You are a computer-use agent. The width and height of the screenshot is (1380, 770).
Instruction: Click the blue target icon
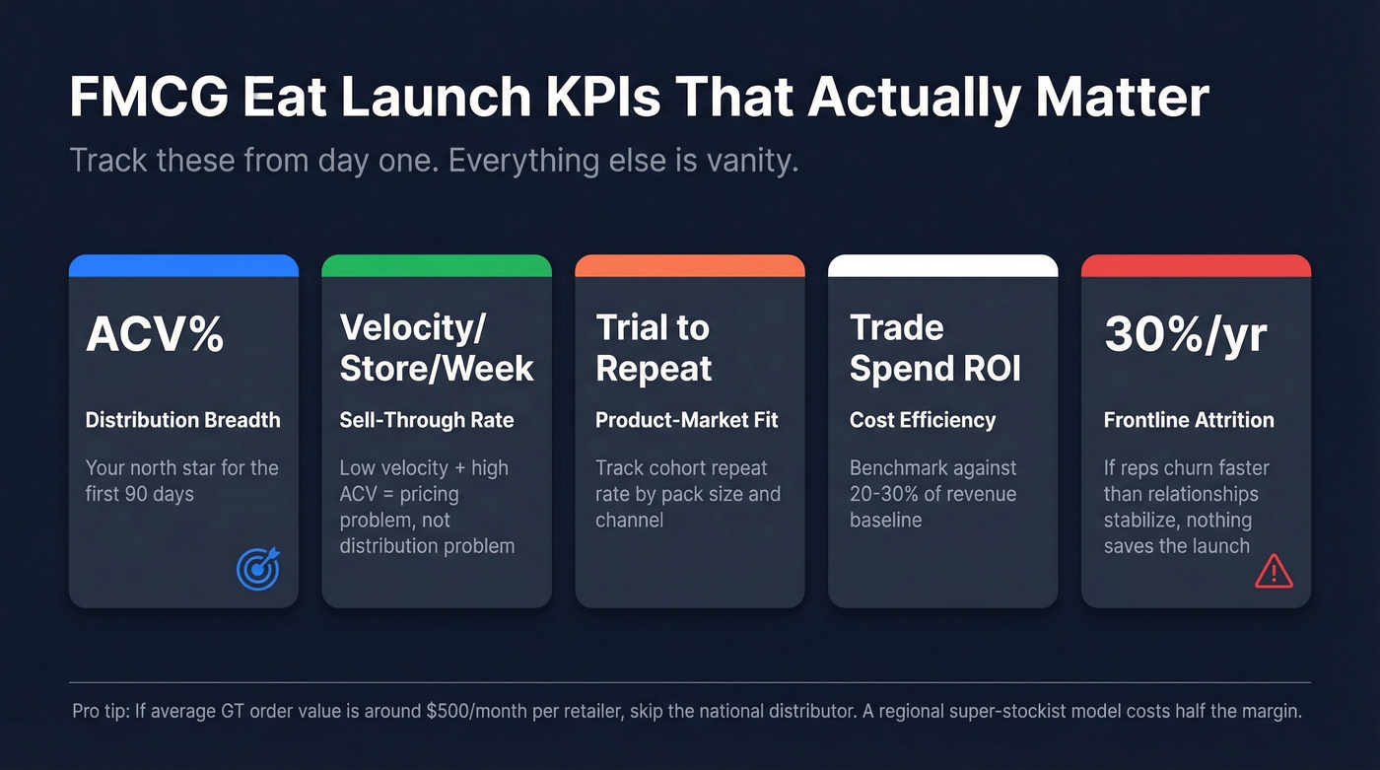click(258, 569)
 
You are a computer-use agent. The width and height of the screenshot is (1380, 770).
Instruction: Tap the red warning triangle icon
click(1274, 570)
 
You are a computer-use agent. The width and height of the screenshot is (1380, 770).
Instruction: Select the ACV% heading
click(155, 335)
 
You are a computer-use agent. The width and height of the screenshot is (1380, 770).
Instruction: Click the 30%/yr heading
click(1185, 335)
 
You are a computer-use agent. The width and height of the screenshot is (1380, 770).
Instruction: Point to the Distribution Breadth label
click(182, 420)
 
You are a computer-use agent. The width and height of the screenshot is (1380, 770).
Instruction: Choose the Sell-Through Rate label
click(427, 420)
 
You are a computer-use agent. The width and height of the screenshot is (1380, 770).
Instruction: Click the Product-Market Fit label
click(687, 420)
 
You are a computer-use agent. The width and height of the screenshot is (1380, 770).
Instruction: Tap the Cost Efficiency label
click(923, 420)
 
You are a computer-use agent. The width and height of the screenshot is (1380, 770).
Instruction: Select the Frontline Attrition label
click(1189, 420)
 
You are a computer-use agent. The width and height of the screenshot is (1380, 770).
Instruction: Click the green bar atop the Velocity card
click(437, 265)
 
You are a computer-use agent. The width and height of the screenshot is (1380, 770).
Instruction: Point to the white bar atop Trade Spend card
click(942, 265)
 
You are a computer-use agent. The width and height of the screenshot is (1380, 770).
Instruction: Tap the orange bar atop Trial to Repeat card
click(690, 265)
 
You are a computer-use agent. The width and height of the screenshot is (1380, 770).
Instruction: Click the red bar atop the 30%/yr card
click(1196, 265)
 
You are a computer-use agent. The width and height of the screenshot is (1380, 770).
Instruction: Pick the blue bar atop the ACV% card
click(183, 265)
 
